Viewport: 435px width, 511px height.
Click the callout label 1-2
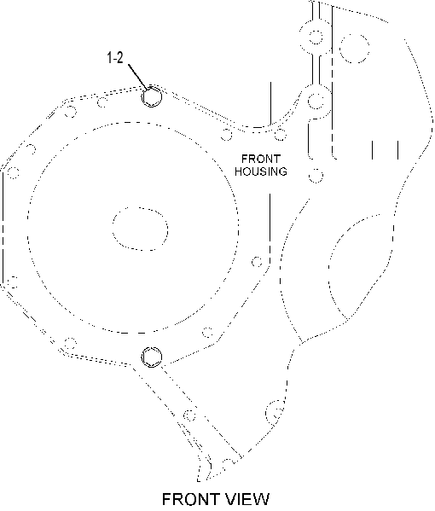[115, 58]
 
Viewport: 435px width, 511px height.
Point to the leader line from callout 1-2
[139, 77]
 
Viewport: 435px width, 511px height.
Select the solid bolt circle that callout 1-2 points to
[152, 96]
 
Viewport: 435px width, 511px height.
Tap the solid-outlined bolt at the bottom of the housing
[152, 357]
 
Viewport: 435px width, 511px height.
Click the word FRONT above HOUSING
[261, 159]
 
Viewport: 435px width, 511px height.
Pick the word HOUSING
[261, 171]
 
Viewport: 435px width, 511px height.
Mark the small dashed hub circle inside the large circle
[140, 229]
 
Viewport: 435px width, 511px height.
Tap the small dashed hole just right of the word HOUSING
[316, 176]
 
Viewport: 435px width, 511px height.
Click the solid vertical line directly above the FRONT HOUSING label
[270, 103]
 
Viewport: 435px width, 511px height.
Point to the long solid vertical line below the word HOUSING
[270, 228]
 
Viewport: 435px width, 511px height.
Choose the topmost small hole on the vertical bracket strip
[316, 37]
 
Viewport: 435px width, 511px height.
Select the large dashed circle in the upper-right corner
[354, 49]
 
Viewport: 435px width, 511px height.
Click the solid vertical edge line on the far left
[3, 228]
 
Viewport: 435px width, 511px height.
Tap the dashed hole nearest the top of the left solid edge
[13, 172]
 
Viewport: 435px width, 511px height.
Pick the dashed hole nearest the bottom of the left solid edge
[13, 282]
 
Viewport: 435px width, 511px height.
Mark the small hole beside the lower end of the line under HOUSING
[257, 262]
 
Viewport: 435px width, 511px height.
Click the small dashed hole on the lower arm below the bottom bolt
[189, 415]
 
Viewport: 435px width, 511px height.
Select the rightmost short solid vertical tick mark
[397, 150]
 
